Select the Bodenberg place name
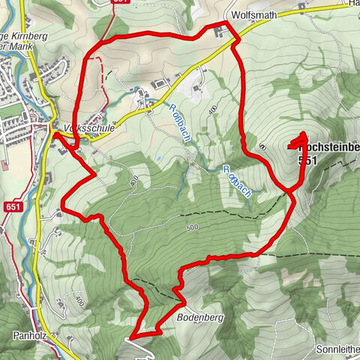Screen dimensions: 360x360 (x=197, y=318)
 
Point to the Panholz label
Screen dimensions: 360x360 (x=31, y=336)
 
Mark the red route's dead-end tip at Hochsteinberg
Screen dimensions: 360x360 (x=304, y=134)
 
